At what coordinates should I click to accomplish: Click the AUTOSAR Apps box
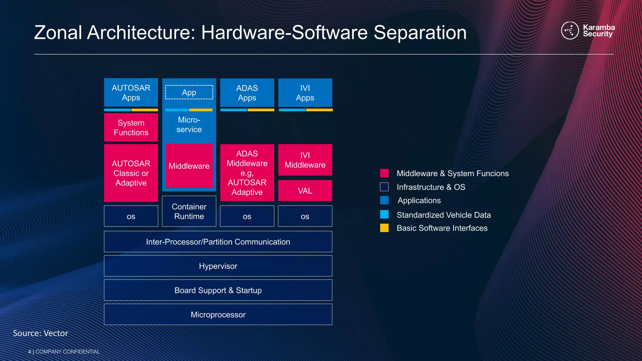tap(131, 92)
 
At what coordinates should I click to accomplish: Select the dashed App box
tap(189, 92)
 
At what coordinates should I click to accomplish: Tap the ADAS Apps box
tap(247, 93)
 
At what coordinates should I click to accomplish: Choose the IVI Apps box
tap(305, 93)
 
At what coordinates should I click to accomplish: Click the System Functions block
tap(131, 128)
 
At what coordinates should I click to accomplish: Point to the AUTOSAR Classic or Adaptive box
tap(131, 173)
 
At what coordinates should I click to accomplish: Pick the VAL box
tap(305, 191)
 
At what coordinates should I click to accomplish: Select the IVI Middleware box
tap(305, 160)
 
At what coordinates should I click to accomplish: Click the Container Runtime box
tap(189, 211)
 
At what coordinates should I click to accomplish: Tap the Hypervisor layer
tap(218, 266)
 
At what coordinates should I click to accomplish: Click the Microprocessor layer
tap(218, 314)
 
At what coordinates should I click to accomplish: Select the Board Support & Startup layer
tap(218, 290)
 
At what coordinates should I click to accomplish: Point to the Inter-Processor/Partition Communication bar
tap(218, 242)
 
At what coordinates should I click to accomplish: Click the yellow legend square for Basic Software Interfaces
tap(384, 228)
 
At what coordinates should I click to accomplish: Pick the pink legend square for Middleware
tap(384, 173)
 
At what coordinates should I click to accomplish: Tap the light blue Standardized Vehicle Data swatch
tap(384, 214)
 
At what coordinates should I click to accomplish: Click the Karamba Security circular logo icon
tap(570, 30)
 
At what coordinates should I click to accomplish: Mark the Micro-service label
tap(189, 125)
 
